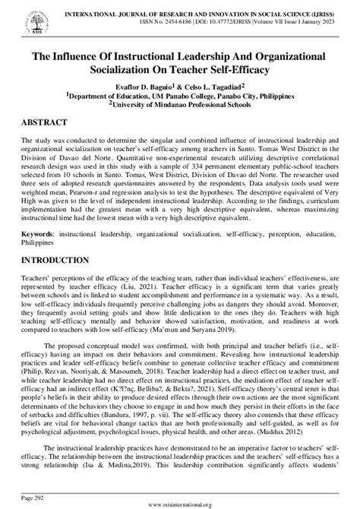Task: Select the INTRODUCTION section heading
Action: coord(55,261)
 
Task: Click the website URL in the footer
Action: coord(179,502)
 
